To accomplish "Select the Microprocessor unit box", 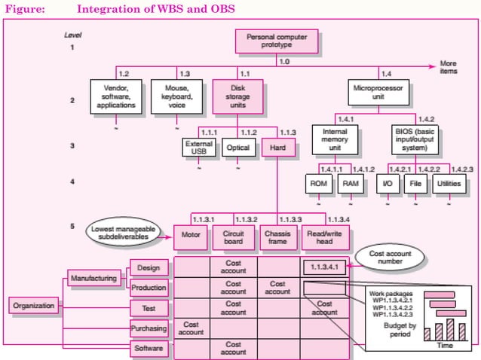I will click(380, 93).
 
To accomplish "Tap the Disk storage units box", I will click(238, 96).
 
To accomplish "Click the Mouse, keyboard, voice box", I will click(177, 96).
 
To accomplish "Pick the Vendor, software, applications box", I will click(115, 96).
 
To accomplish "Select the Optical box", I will click(238, 148).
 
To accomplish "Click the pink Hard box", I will click(277, 148).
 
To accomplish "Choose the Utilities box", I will click(449, 184).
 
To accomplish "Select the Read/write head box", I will click(325, 239).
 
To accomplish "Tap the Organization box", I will click(34, 305).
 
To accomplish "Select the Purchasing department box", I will click(149, 329).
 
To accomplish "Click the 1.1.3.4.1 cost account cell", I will click(324, 266).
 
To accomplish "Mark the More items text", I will click(449, 66).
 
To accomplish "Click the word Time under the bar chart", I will click(444, 345).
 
